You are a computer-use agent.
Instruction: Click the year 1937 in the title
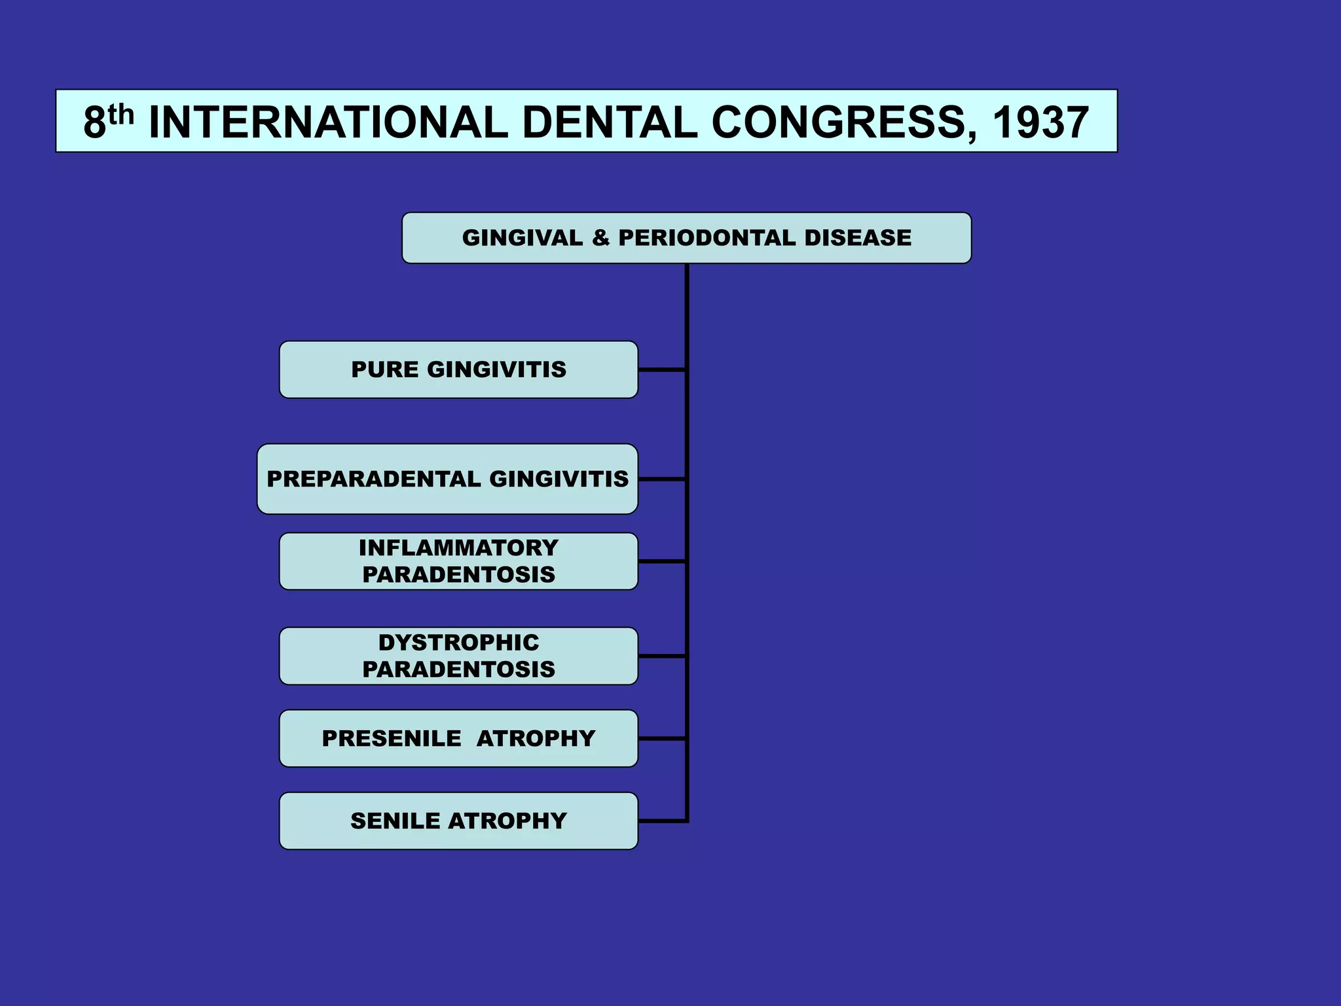(1040, 123)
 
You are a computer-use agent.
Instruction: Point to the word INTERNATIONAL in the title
(328, 123)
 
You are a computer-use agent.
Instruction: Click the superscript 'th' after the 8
(120, 114)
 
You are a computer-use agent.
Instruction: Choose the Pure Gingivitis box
(458, 369)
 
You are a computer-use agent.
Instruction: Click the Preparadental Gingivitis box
(447, 479)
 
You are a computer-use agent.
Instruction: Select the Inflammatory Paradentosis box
(458, 561)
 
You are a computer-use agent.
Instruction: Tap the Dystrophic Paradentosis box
(458, 656)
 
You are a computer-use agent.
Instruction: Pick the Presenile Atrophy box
(458, 739)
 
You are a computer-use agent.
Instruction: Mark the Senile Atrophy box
(458, 821)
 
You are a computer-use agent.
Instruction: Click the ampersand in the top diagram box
(600, 238)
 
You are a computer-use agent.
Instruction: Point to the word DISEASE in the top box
(857, 238)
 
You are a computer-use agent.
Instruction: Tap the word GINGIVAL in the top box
(522, 238)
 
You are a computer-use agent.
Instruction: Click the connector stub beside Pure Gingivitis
(661, 370)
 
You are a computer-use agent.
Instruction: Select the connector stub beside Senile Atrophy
(661, 821)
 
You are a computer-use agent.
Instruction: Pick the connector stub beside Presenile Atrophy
(661, 739)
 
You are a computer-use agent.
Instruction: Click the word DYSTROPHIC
(458, 643)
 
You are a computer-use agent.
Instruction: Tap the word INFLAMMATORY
(458, 548)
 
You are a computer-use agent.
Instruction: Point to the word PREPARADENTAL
(374, 479)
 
